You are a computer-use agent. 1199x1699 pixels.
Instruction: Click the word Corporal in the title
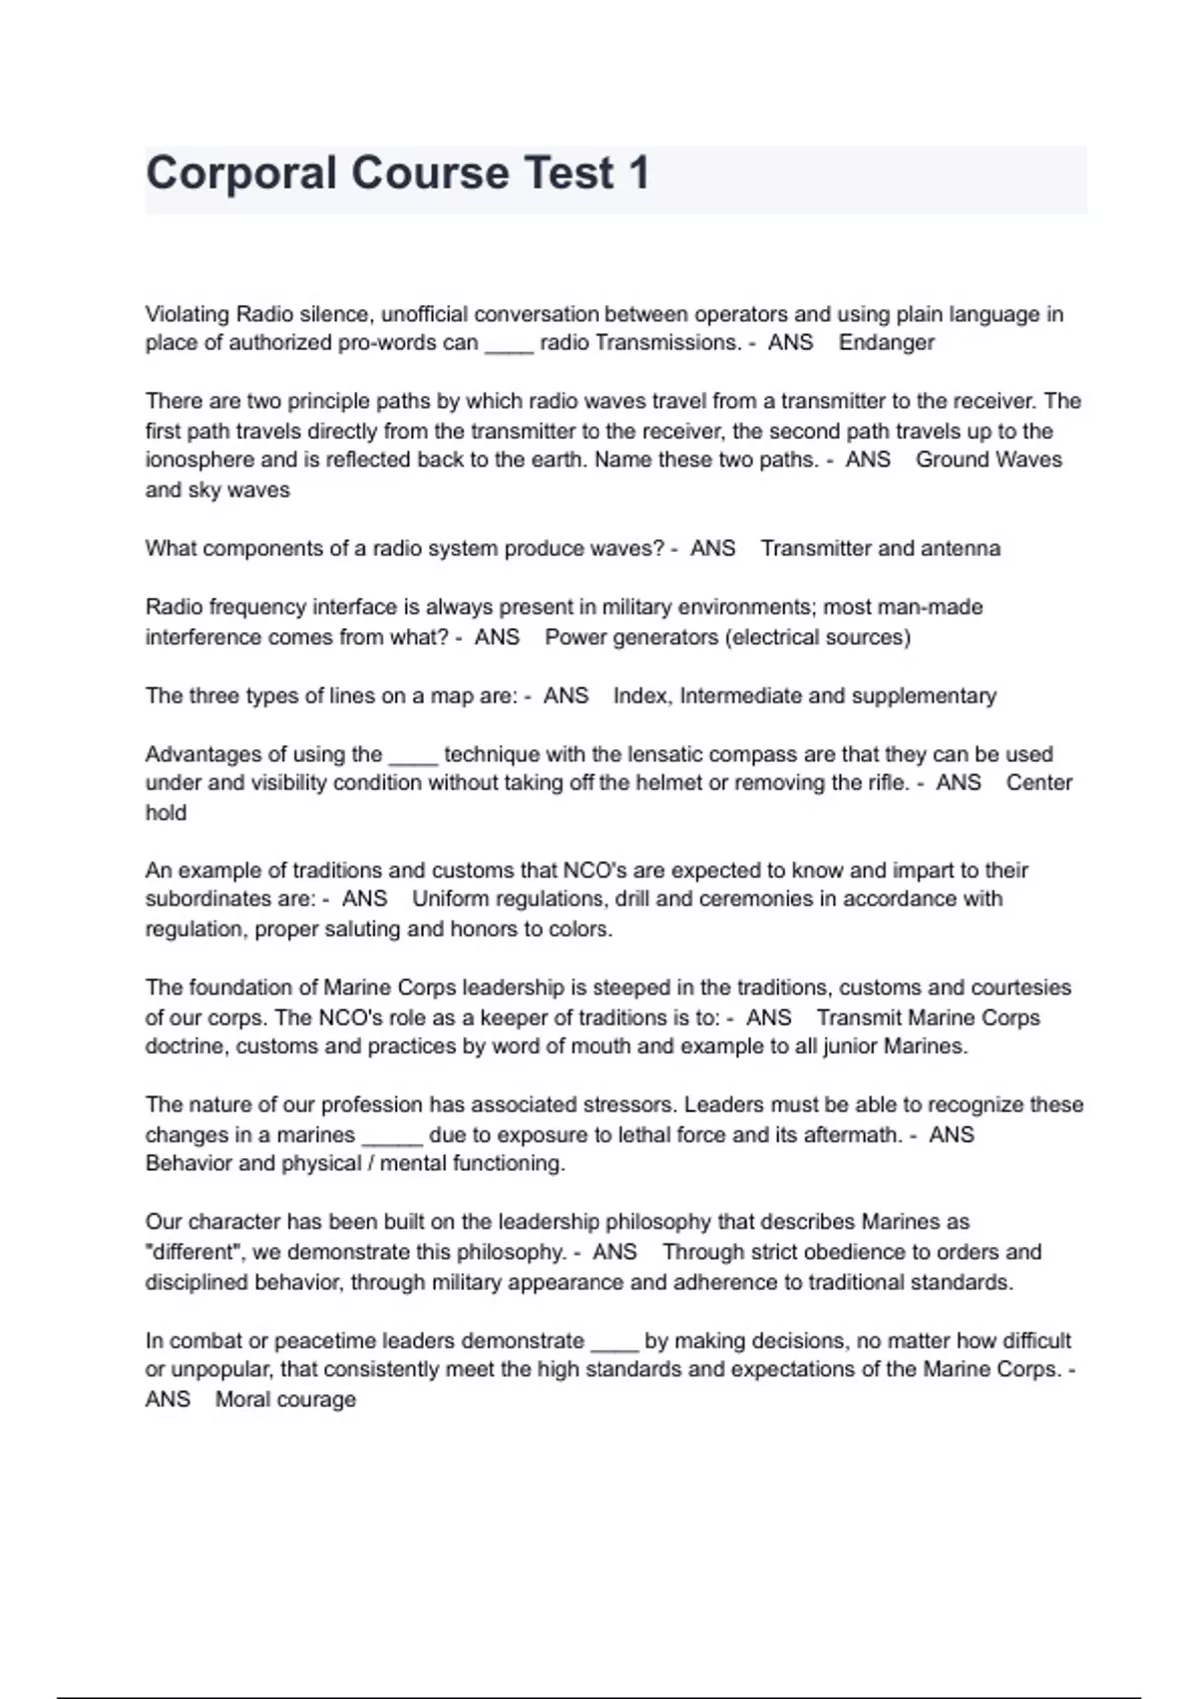click(x=241, y=173)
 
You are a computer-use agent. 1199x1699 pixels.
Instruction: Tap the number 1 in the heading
click(x=639, y=173)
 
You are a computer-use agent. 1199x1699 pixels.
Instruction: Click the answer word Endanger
click(x=886, y=343)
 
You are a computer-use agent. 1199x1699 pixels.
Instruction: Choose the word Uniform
click(x=451, y=899)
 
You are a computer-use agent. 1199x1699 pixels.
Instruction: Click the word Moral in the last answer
click(x=242, y=1399)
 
